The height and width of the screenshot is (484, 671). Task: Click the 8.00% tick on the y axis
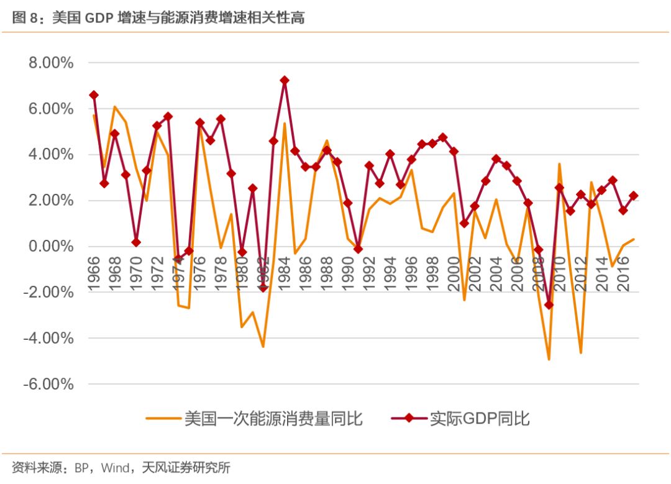point(49,63)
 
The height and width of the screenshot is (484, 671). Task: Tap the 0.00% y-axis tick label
point(49,247)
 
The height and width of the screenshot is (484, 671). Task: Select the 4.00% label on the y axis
point(49,155)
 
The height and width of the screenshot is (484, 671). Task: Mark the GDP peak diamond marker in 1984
point(285,80)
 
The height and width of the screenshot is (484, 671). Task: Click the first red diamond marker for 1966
point(94,95)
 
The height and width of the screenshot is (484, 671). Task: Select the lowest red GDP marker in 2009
point(549,304)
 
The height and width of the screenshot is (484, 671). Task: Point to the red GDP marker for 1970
point(136,242)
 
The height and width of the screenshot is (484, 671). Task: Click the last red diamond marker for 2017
point(634,196)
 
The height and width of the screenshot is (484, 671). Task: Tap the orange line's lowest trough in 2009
point(549,359)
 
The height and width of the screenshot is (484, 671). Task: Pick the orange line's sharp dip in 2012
point(581,353)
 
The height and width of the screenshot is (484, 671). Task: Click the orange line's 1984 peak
point(285,123)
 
